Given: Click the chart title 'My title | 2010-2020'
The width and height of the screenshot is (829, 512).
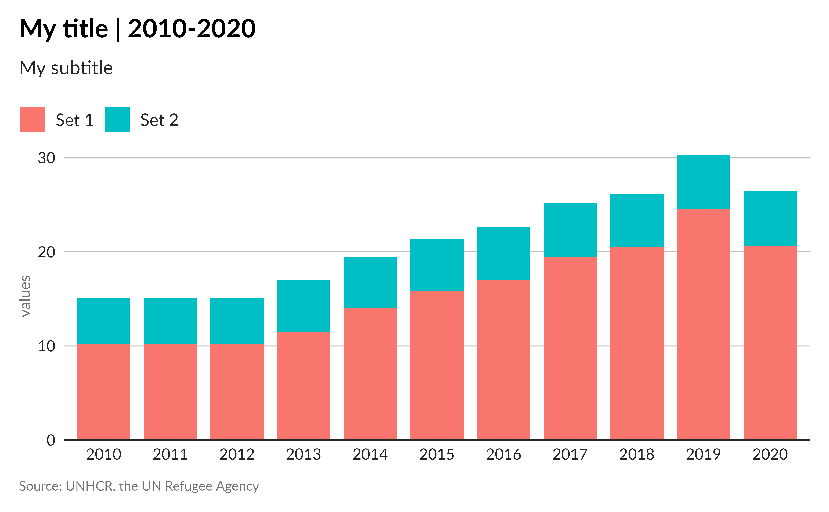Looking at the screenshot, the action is pyautogui.click(x=138, y=29).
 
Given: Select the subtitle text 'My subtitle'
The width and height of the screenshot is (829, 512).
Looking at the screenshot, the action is pyautogui.click(x=66, y=68).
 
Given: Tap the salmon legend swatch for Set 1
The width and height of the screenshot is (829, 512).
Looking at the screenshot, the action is pyautogui.click(x=33, y=120).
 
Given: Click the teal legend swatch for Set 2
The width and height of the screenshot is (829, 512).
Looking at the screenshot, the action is pyautogui.click(x=117, y=120).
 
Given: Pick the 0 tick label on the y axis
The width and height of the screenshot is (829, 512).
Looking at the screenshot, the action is pyautogui.click(x=51, y=440).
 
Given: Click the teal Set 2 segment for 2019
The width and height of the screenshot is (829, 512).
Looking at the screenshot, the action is pyautogui.click(x=703, y=182).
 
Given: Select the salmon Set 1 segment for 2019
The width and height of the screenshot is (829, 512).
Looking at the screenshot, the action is pyautogui.click(x=703, y=325).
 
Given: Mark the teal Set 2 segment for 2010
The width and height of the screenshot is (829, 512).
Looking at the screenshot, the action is pyautogui.click(x=104, y=321).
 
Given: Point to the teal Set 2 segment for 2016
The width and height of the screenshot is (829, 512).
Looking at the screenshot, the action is pyautogui.click(x=504, y=254).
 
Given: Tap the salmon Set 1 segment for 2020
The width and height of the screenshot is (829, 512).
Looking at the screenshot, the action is pyautogui.click(x=770, y=343).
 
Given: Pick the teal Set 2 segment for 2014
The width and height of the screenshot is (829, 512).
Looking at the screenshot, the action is pyautogui.click(x=370, y=282).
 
